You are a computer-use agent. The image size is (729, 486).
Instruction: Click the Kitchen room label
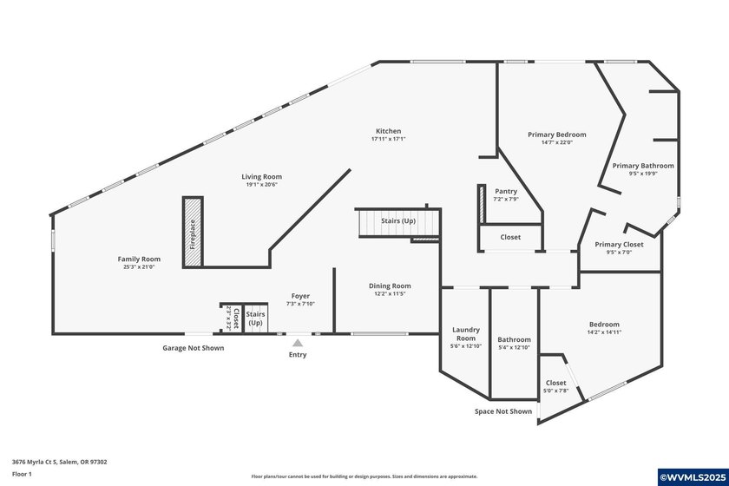[388, 131]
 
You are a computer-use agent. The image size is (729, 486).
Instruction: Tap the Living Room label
[261, 176]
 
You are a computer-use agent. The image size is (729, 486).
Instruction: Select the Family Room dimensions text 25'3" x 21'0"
[139, 267]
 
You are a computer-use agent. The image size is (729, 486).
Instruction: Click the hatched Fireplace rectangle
[192, 231]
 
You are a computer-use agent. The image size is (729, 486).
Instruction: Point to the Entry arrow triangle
[298, 343]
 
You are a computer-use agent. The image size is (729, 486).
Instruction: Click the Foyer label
[300, 296]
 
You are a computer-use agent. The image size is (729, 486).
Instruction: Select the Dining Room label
[389, 286]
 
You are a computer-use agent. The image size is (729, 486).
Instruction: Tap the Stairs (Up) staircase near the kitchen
[398, 223]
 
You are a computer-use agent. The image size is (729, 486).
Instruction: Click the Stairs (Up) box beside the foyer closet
[255, 318]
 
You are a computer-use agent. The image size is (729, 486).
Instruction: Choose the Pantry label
[506, 191]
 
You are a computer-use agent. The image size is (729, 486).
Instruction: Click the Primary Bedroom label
[557, 135]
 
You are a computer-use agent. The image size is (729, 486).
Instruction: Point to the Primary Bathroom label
[642, 165]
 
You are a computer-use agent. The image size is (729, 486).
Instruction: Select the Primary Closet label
[619, 245]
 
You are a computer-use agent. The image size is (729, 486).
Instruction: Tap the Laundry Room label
[465, 333]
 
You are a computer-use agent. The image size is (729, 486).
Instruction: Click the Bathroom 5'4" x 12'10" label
[514, 339]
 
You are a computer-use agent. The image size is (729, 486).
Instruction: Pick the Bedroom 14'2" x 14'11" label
[604, 324]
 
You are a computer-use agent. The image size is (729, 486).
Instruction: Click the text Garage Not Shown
[194, 348]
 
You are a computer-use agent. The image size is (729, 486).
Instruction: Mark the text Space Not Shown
[503, 411]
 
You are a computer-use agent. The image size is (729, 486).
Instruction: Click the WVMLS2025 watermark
[693, 476]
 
